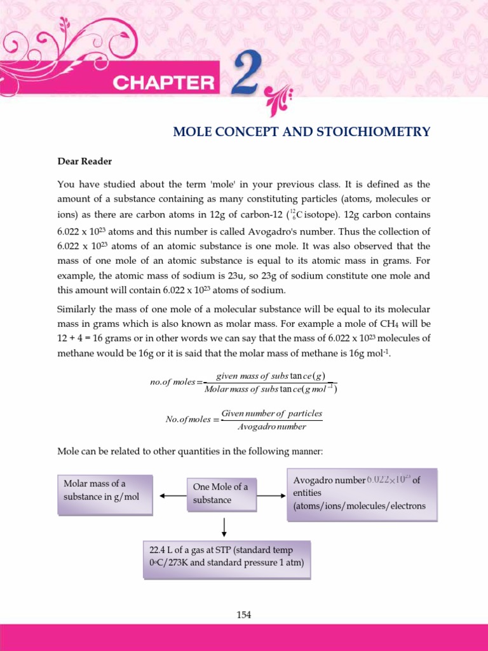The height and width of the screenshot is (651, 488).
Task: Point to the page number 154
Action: click(x=244, y=615)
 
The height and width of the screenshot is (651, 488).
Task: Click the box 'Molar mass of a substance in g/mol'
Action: click(x=105, y=495)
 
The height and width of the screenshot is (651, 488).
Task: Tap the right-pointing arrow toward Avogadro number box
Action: click(x=271, y=495)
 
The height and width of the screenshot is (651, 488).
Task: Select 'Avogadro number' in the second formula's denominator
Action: click(x=271, y=427)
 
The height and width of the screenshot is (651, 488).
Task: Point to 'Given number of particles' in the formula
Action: click(x=271, y=413)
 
